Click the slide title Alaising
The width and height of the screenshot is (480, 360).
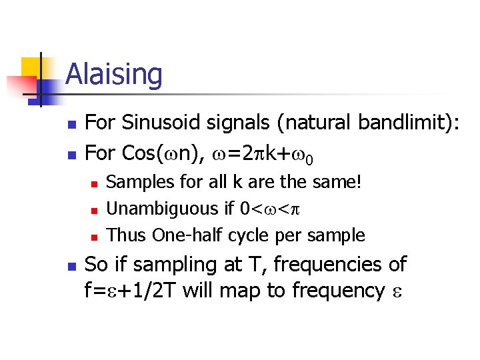(x=114, y=74)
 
